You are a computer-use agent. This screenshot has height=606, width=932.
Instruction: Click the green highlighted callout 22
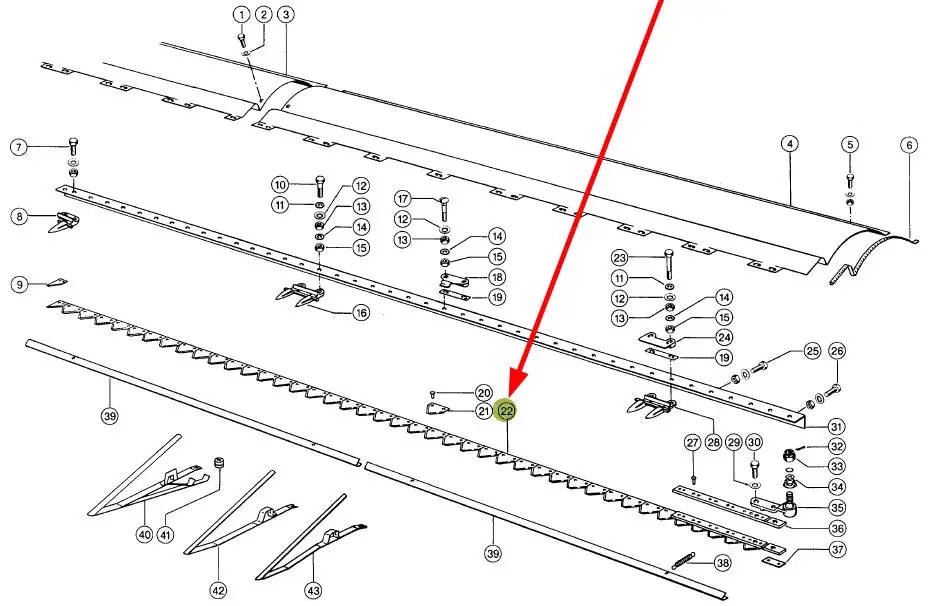click(x=507, y=411)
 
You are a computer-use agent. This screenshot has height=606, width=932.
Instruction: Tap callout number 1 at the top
click(x=241, y=14)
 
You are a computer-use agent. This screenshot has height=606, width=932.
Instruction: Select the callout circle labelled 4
click(x=790, y=144)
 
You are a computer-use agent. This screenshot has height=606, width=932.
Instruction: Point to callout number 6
click(x=909, y=144)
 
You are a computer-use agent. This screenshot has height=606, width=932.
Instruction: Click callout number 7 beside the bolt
click(x=18, y=149)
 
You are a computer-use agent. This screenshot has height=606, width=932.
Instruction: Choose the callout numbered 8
click(x=18, y=216)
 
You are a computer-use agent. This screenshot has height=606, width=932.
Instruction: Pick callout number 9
click(x=18, y=285)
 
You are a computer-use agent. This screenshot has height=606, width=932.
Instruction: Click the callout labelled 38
click(x=722, y=564)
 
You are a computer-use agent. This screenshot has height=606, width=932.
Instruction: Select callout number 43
click(x=313, y=590)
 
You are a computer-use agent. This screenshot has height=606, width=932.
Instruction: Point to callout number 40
click(x=144, y=535)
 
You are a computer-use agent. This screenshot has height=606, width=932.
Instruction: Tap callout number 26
click(x=837, y=351)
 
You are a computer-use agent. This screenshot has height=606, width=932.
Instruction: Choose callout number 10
click(x=281, y=184)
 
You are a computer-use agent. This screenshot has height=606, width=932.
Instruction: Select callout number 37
click(x=837, y=549)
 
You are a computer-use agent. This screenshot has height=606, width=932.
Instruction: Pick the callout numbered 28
click(x=714, y=442)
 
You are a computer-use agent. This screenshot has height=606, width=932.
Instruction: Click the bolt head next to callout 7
click(x=73, y=141)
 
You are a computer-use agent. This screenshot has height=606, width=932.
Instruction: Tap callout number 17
click(x=404, y=198)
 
